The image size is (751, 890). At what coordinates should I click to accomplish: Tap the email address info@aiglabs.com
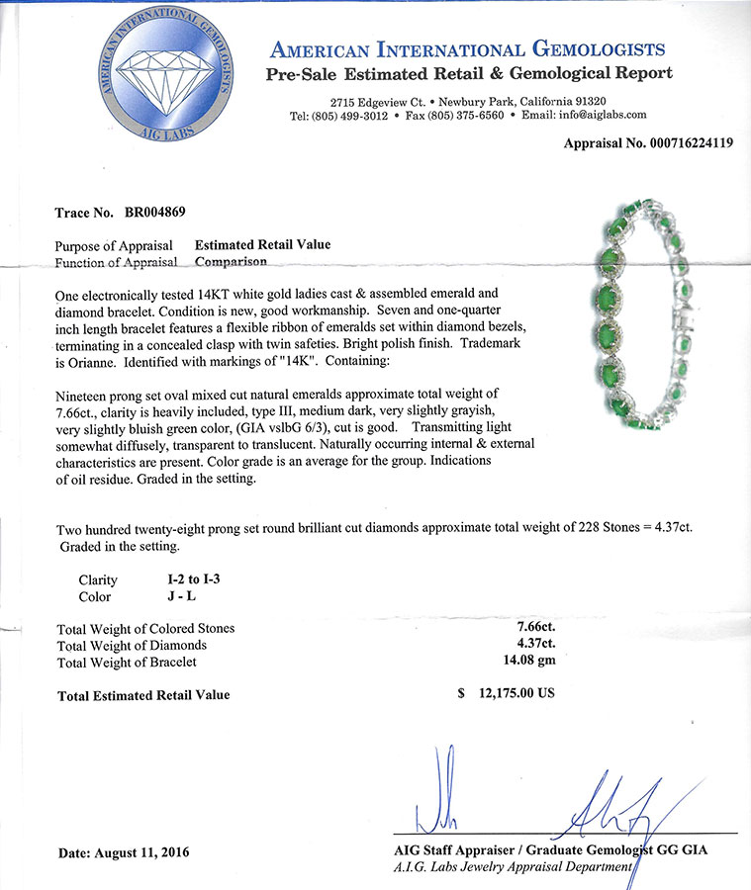(598, 116)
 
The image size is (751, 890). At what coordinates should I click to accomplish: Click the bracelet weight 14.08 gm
(528, 662)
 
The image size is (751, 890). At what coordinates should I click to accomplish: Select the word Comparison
(231, 262)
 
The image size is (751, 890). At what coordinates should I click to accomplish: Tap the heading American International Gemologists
(467, 49)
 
